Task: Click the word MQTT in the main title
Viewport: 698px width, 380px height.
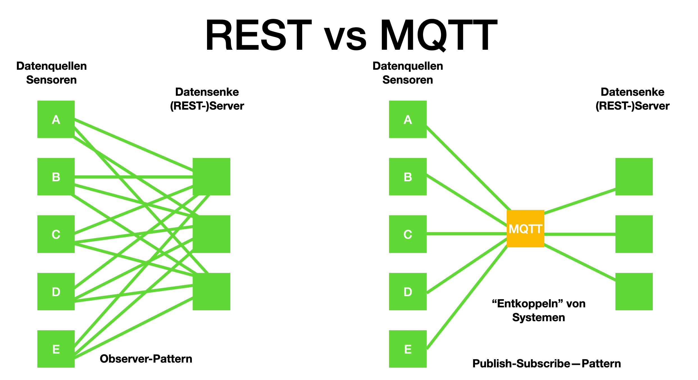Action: tap(438, 35)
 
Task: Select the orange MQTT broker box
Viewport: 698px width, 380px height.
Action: tap(525, 229)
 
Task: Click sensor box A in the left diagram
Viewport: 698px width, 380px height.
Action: tap(56, 119)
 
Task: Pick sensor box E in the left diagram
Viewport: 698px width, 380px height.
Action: tap(56, 349)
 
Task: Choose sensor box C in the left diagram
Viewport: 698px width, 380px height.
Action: tap(56, 234)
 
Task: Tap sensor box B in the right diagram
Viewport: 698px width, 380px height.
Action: tap(408, 177)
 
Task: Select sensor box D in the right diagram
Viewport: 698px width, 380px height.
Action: tap(408, 291)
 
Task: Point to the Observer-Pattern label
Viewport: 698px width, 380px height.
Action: tap(146, 359)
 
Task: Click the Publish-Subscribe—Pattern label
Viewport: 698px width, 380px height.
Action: tap(547, 364)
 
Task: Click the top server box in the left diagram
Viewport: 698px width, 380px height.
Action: tap(211, 177)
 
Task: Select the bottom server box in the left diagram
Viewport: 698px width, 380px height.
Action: tap(211, 291)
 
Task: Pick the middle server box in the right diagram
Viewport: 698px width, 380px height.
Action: tap(634, 234)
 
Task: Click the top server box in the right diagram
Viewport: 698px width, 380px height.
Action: tap(634, 177)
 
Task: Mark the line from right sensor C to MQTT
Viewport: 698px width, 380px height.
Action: tap(466, 234)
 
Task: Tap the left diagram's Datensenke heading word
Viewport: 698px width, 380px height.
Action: tap(207, 92)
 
